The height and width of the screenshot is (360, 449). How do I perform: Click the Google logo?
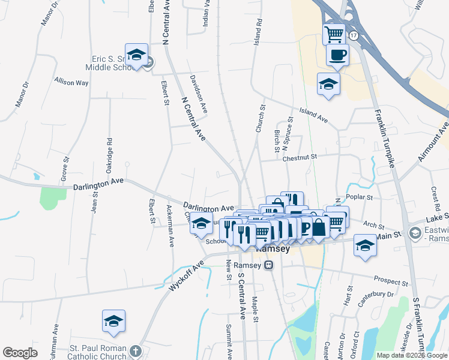coord(20,353)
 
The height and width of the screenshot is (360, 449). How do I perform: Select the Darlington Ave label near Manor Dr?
coord(98,183)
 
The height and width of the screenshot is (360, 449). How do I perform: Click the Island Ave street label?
coord(314,116)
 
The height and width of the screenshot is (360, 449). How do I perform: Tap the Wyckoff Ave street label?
coord(187,274)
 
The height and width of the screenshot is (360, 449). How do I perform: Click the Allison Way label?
coord(71,82)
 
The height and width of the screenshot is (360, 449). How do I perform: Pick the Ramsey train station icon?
coord(270,265)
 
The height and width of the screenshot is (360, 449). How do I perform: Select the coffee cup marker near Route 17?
coord(337,55)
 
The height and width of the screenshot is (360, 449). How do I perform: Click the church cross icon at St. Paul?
coord(136,350)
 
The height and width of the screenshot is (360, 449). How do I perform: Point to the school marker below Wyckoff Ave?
coord(113,321)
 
